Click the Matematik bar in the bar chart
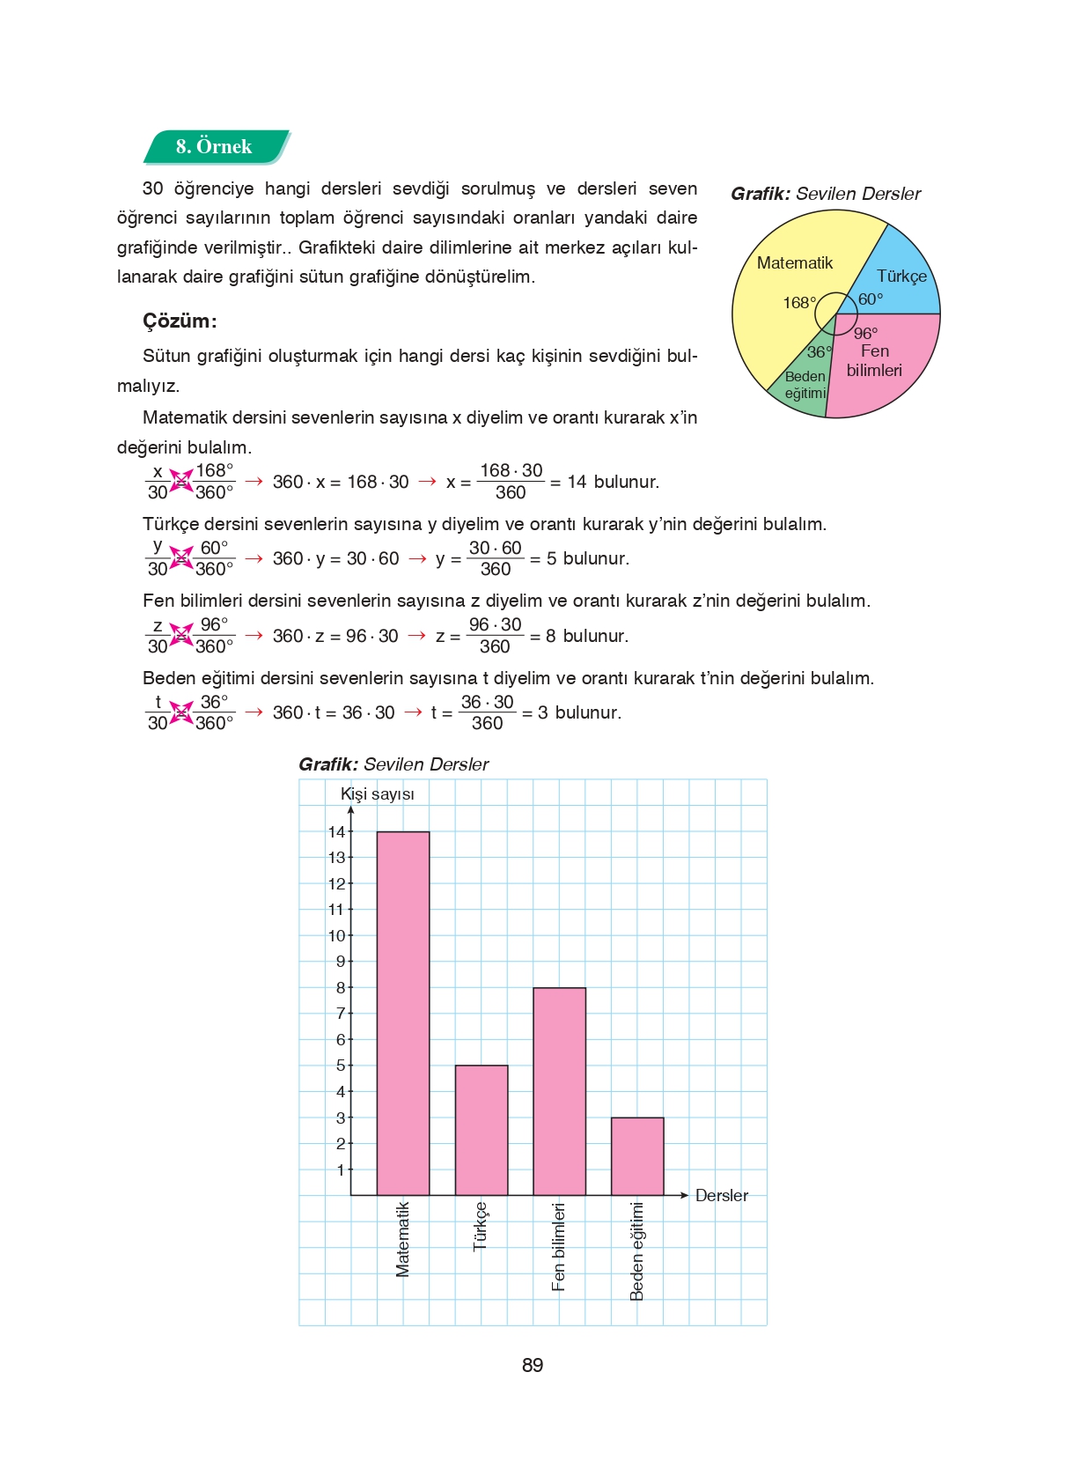(403, 1013)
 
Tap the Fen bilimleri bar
(559, 1091)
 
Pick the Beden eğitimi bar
(637, 1156)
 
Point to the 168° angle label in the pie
(799, 303)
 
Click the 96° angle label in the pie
(865, 333)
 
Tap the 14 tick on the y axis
(337, 831)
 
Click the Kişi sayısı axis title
(378, 794)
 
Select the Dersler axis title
(722, 1195)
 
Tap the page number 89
(533, 1365)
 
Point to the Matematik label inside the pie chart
(794, 262)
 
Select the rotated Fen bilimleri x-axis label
(558, 1246)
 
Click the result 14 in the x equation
(577, 482)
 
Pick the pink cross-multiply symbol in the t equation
(181, 712)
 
